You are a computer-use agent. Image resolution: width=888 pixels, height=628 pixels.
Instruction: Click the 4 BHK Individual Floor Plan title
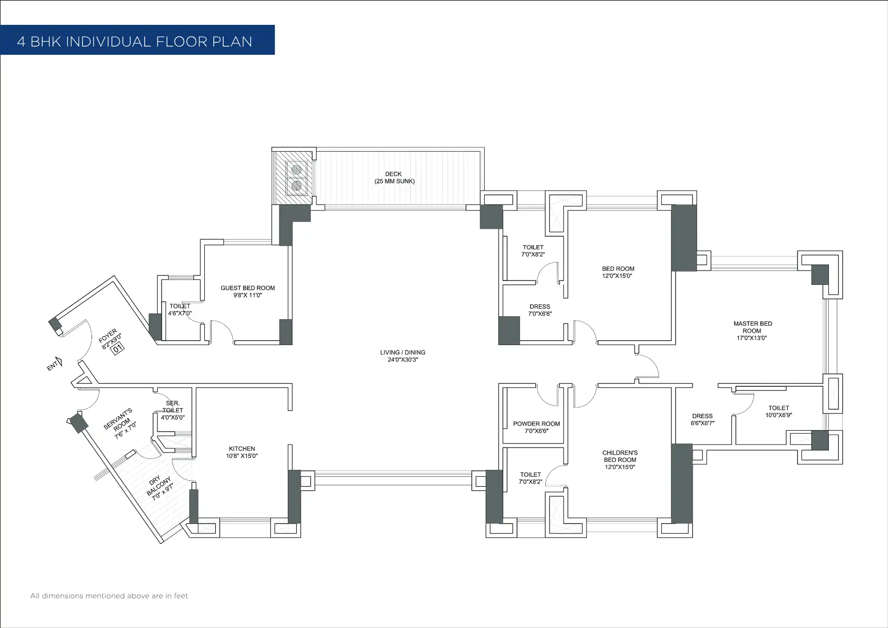tap(135, 41)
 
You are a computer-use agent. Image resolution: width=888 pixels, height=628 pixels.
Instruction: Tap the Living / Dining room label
tap(403, 353)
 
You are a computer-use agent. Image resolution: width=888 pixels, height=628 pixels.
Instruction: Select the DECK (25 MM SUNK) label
tap(394, 178)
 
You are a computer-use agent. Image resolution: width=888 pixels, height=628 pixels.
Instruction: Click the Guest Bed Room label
tap(248, 288)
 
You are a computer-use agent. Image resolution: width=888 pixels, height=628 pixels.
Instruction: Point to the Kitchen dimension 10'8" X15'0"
tap(242, 456)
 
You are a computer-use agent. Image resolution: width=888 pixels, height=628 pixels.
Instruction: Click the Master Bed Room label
tap(752, 327)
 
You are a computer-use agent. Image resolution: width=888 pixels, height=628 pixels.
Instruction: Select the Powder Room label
tap(536, 424)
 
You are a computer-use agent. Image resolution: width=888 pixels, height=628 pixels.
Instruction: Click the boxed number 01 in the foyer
tap(118, 349)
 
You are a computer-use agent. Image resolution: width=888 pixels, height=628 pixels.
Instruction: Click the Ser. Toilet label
tap(173, 407)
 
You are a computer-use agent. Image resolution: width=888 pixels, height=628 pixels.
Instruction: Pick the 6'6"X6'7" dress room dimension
tap(702, 423)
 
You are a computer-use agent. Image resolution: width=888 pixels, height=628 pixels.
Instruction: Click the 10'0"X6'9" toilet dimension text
tap(779, 415)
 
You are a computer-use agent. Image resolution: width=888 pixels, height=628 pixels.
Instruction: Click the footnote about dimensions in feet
tap(109, 596)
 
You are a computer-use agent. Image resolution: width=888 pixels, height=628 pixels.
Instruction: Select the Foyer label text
tap(108, 335)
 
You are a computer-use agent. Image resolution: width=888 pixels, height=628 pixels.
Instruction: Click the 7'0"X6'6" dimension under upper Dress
tap(540, 314)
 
